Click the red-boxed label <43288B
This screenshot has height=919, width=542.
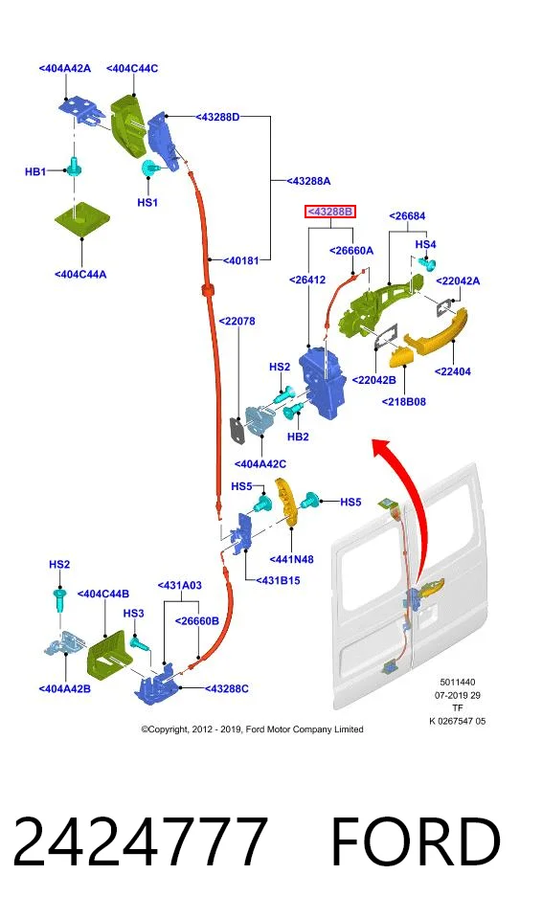pos(330,211)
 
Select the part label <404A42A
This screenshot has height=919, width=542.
pos(65,68)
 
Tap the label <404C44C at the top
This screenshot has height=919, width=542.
pos(132,68)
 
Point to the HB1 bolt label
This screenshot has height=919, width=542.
pos(35,171)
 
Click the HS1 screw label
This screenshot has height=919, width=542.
pos(147,202)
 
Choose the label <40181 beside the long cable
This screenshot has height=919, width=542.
pos(240,259)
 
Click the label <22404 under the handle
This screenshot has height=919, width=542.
pos(453,371)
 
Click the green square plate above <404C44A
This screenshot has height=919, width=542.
pos(82,218)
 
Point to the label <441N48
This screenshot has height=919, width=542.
pos(291,559)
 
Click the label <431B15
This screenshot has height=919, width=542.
pos(278,580)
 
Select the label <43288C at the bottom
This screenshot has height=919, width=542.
pos(226,688)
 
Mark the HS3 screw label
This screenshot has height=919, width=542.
pos(133,613)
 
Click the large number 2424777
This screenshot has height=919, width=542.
pos(140,841)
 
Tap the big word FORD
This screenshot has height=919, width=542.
pos(416,841)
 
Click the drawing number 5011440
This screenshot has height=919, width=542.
pos(458,683)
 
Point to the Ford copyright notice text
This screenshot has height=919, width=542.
pos(252,729)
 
